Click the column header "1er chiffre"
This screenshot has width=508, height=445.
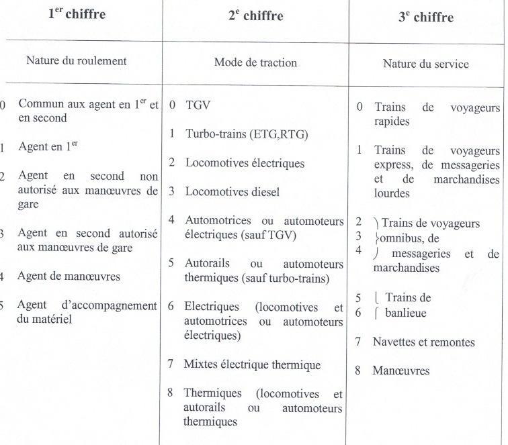tap(77, 14)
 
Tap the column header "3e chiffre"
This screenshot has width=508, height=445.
tap(425, 17)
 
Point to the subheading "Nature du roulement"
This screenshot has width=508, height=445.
tap(77, 60)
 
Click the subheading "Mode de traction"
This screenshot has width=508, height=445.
tap(255, 62)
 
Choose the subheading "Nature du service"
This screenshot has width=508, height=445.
tap(425, 64)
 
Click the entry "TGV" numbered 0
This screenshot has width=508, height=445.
tap(198, 105)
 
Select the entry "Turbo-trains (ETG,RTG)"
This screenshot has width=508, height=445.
tap(247, 134)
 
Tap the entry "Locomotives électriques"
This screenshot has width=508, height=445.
tap(245, 162)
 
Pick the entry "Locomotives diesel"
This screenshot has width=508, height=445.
tap(232, 191)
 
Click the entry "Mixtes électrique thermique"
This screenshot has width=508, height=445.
tap(253, 364)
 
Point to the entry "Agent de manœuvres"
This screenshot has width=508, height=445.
tap(69, 276)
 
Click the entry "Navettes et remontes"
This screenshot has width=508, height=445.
tap(423, 342)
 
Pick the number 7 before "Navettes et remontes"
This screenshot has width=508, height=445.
tap(359, 342)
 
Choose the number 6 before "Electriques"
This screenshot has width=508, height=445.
tap(171, 307)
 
